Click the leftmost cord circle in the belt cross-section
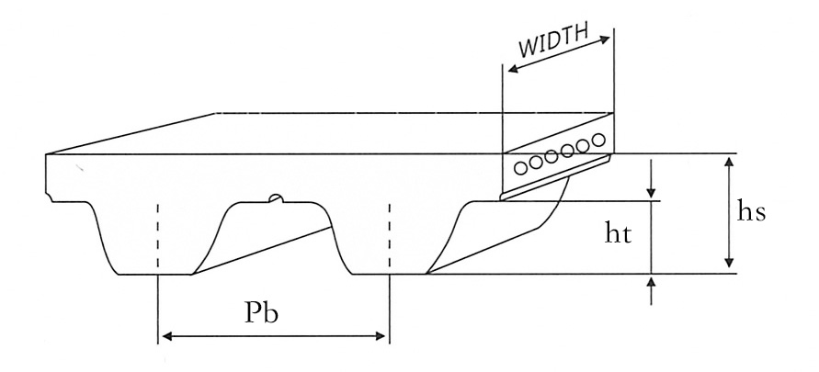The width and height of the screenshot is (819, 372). tap(521, 167)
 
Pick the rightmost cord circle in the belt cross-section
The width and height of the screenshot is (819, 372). tap(598, 140)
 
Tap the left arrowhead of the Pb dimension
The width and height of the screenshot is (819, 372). tap(166, 336)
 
